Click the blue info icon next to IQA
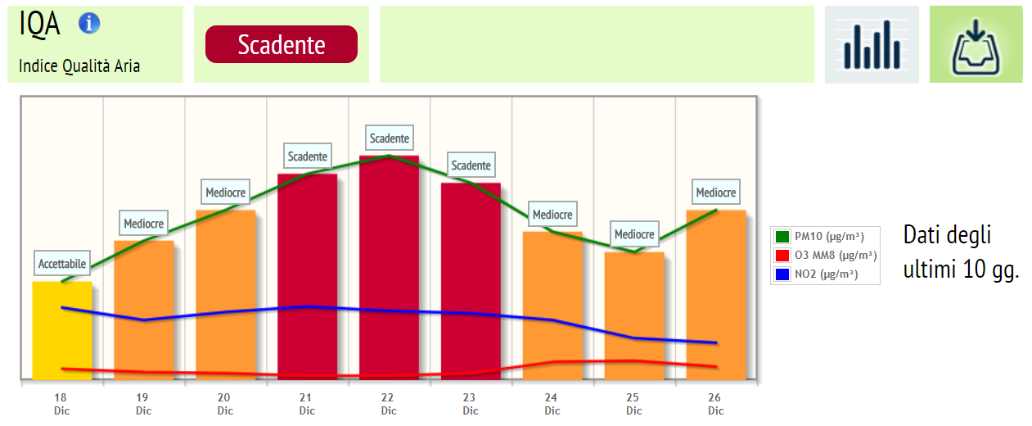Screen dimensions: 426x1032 point(89,23)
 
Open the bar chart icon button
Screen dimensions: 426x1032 point(872,45)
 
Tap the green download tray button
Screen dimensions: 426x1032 point(976,45)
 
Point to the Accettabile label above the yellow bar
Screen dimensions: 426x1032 point(62,264)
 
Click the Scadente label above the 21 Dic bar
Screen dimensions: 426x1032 point(308,156)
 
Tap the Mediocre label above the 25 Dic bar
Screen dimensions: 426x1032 point(634,234)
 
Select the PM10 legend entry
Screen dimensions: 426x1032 point(825,237)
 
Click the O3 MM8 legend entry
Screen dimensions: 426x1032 point(825,256)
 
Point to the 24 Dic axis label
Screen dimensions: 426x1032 point(552,404)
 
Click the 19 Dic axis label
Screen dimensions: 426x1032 point(144,404)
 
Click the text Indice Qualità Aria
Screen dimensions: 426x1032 point(79,66)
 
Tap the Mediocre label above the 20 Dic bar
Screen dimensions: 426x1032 point(226,193)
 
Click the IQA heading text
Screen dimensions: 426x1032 point(39,24)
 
